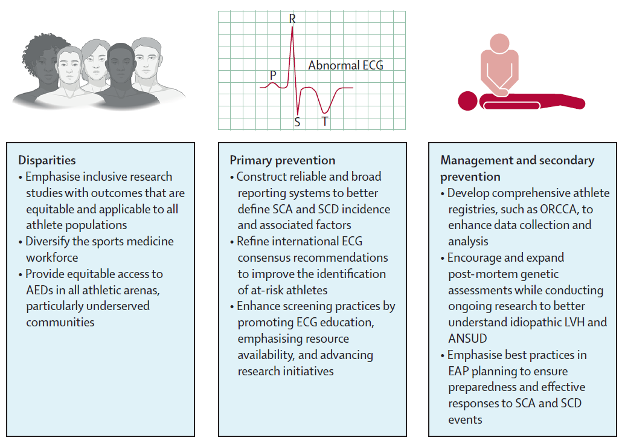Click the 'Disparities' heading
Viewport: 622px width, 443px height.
click(x=47, y=160)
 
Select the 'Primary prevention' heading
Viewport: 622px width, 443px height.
click(x=282, y=160)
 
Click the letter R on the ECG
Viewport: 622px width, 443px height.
click(x=292, y=19)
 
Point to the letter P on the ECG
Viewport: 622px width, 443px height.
click(x=273, y=75)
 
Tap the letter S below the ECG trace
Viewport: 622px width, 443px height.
click(x=297, y=122)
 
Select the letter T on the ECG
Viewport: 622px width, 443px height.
click(x=324, y=121)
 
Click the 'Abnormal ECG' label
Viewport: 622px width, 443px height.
click(x=345, y=65)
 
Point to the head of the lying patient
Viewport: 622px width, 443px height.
click(x=467, y=100)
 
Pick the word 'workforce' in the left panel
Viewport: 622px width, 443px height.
click(x=51, y=257)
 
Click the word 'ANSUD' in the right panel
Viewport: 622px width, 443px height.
click(x=468, y=338)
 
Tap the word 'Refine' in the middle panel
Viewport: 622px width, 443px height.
click(x=254, y=241)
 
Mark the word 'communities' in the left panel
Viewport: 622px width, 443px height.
click(x=60, y=322)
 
